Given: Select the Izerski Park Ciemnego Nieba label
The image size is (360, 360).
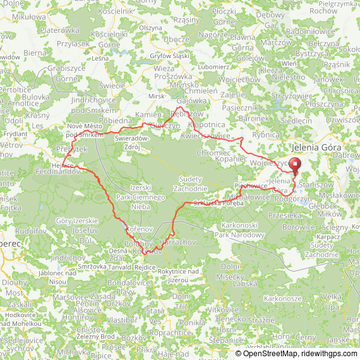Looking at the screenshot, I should [140, 197].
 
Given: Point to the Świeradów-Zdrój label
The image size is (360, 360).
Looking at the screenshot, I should [133, 143].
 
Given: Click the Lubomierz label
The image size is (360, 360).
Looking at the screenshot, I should [213, 66].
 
